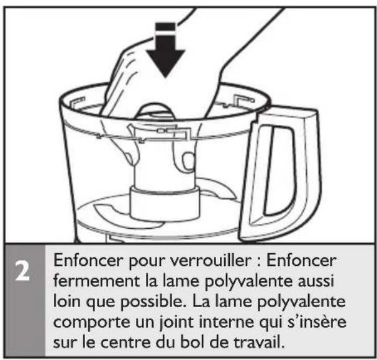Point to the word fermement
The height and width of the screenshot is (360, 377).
96,281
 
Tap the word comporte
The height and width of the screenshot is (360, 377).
91,323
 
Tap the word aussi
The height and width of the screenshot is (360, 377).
316,281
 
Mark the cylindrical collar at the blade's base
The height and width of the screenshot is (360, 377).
165,203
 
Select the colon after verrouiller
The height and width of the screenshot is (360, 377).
258,262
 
